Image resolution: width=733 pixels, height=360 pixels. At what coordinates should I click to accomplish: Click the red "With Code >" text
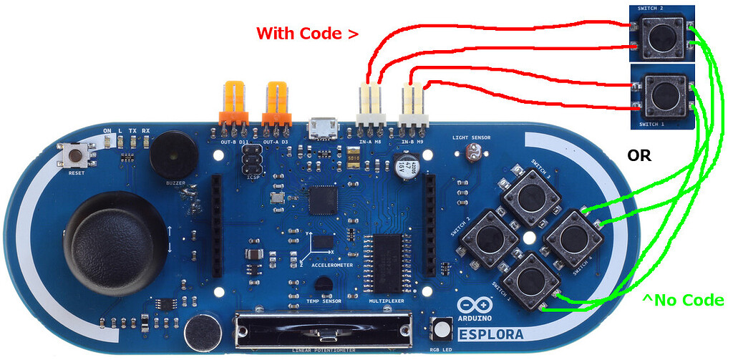[307, 33]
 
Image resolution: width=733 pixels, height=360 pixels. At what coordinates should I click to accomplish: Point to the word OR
[639, 155]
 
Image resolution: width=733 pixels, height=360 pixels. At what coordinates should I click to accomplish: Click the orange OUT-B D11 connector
[234, 102]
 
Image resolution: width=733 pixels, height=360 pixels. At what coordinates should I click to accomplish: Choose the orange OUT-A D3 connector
[276, 102]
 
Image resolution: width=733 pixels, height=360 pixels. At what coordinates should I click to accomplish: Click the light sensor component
[472, 152]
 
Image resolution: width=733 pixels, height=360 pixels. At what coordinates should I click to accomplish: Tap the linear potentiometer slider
[326, 334]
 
